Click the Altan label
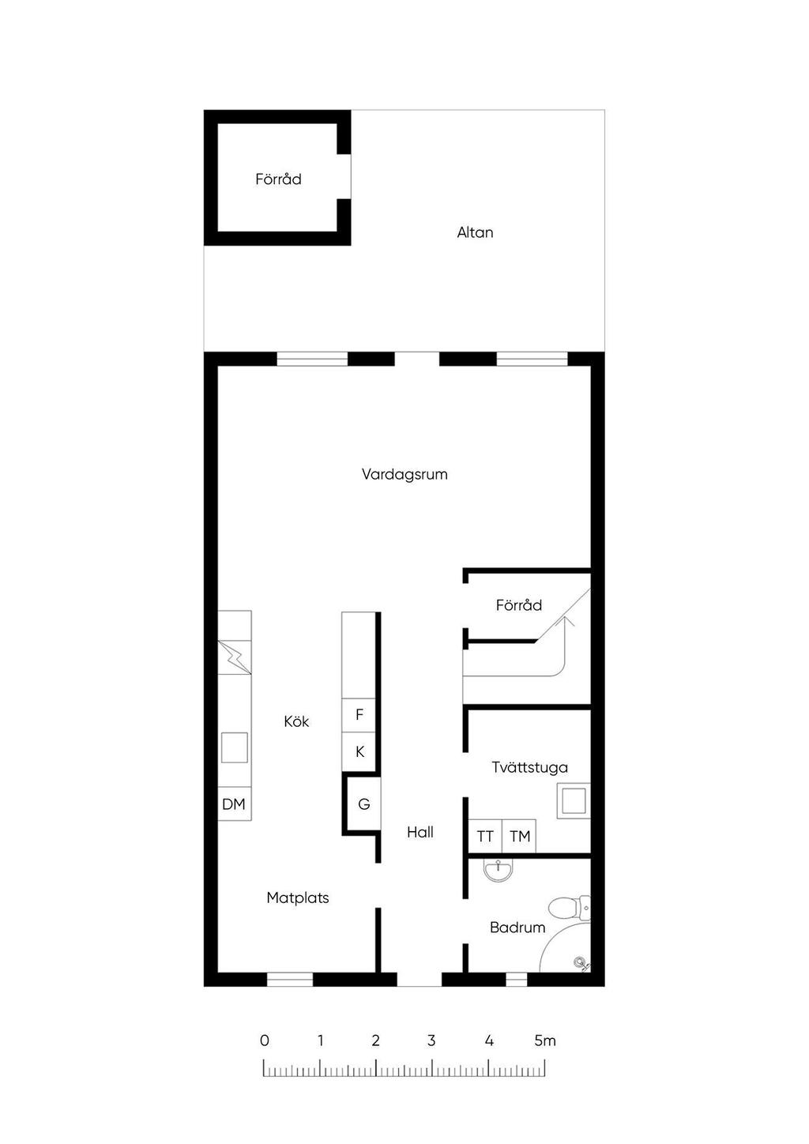(x=475, y=232)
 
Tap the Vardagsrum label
(x=404, y=474)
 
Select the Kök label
(x=296, y=721)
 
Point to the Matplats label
(x=298, y=898)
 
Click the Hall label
(x=420, y=832)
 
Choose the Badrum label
(x=517, y=928)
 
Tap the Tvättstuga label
(x=529, y=767)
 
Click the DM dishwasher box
(x=234, y=804)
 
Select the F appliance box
(x=359, y=715)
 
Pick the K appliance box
(x=359, y=752)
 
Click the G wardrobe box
(x=363, y=804)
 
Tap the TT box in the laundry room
(x=485, y=837)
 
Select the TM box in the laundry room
(x=519, y=837)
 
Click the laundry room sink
(x=574, y=801)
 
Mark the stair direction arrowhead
(x=566, y=621)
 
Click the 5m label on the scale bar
(x=545, y=1041)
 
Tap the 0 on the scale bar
(x=264, y=1041)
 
